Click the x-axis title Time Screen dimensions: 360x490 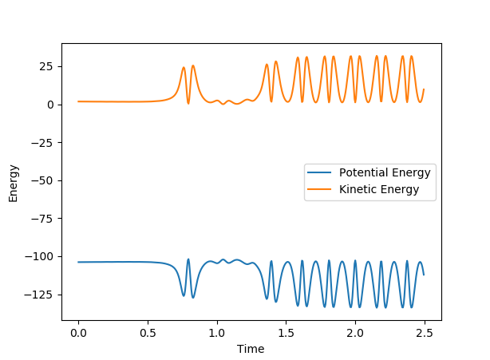(x=251, y=348)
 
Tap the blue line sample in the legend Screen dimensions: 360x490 (x=321, y=173)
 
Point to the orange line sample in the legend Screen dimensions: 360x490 (x=321, y=190)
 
